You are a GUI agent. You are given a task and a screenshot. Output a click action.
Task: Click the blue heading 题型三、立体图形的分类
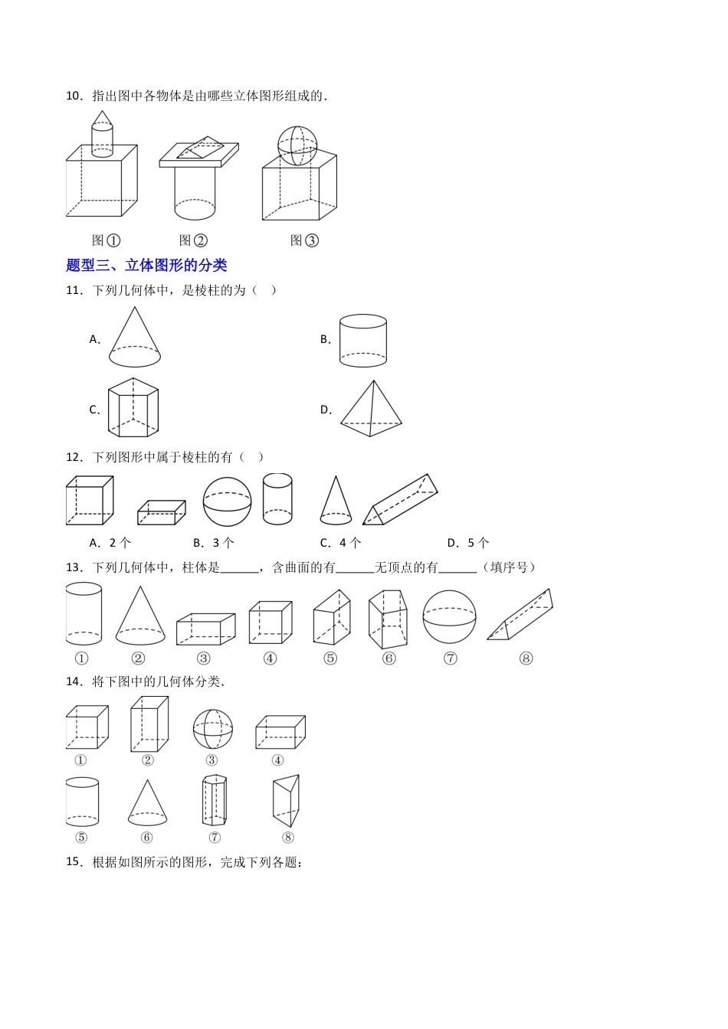click(x=146, y=266)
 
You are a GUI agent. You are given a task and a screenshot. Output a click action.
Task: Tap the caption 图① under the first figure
click(x=107, y=240)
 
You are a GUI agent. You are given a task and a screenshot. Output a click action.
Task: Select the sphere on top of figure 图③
click(x=297, y=145)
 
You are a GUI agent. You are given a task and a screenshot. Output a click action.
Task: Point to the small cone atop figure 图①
click(x=102, y=118)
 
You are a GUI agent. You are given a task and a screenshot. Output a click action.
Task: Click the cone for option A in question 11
click(x=135, y=338)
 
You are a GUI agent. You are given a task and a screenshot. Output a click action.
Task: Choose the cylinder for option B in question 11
click(x=363, y=340)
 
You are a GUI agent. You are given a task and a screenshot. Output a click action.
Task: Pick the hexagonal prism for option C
click(x=133, y=407)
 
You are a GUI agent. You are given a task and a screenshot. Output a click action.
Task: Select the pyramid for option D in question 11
click(x=372, y=409)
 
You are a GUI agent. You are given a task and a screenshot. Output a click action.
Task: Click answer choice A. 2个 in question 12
click(x=110, y=543)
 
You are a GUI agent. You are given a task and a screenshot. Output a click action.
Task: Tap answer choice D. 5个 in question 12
click(x=468, y=543)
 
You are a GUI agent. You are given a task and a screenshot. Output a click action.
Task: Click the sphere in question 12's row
click(x=227, y=501)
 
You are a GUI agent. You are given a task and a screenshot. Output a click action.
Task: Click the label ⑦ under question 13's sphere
click(x=450, y=658)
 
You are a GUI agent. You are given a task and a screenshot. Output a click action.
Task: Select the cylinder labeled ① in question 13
click(x=84, y=613)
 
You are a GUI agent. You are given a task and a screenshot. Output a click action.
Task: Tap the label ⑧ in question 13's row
click(x=526, y=658)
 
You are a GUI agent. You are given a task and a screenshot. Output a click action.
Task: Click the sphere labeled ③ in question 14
click(x=212, y=729)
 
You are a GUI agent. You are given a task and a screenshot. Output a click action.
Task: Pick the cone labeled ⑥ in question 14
click(x=147, y=803)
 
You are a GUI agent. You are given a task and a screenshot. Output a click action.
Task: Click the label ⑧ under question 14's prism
click(x=288, y=838)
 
